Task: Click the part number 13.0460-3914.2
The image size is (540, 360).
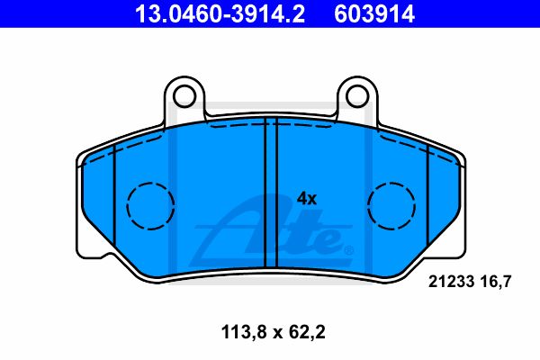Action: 220,13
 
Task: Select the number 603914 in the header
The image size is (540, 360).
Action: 374,13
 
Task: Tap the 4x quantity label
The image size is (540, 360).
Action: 307,199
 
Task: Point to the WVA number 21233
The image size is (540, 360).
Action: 451,282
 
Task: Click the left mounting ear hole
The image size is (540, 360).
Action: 184,96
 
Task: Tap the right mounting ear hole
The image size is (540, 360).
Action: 357,96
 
